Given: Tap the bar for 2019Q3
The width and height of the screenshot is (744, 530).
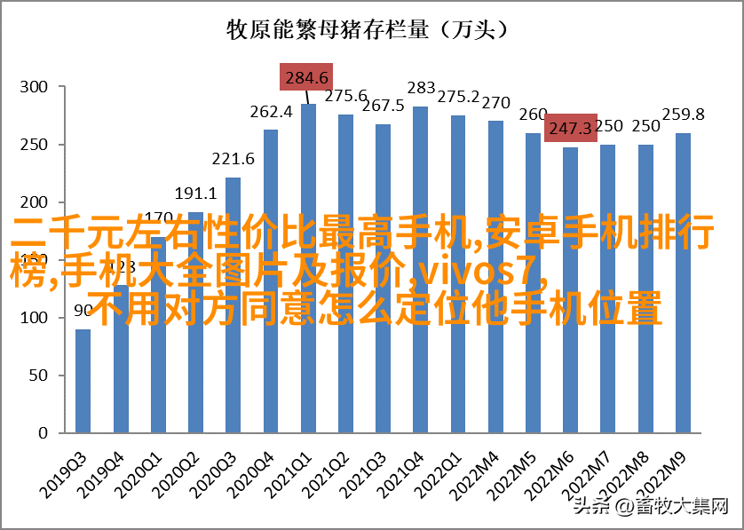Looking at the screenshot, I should tap(83, 382).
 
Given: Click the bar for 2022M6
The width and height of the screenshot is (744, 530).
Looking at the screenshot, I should tap(570, 373).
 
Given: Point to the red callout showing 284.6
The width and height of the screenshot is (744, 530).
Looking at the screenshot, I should tap(307, 77).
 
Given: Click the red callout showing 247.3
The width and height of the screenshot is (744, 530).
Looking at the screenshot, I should tap(570, 129).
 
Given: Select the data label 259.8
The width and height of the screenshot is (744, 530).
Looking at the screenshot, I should tap(684, 115).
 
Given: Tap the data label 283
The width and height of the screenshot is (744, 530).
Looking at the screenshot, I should tap(421, 88).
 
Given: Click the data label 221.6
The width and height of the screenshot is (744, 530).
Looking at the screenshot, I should tap(233, 159).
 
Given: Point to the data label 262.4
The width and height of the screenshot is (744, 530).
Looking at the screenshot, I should tap(271, 112).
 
